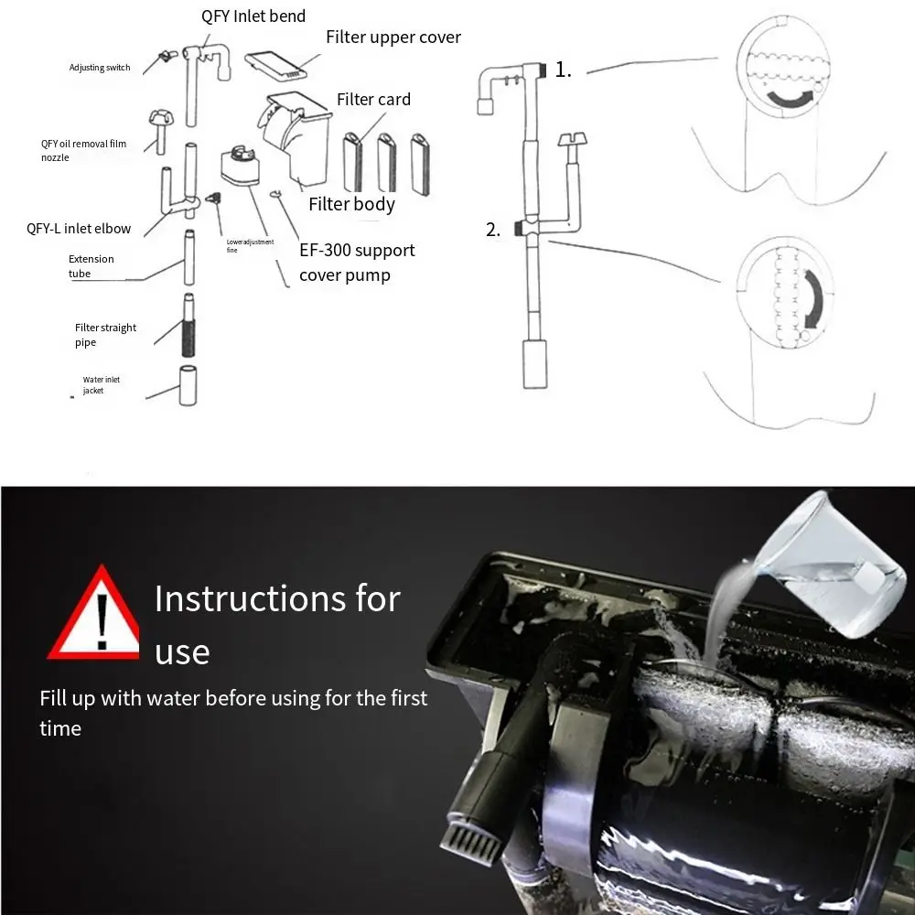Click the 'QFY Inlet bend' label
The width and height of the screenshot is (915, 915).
(253, 16)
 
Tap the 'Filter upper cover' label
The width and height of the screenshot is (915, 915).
(393, 38)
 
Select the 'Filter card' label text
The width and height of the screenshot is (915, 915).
(373, 99)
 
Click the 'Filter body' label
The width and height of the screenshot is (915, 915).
(351, 204)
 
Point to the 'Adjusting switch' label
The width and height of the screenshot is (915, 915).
(100, 68)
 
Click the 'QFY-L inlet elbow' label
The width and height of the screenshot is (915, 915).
(79, 229)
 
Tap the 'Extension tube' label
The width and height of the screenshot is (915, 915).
(91, 266)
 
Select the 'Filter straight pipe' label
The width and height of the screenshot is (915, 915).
(105, 335)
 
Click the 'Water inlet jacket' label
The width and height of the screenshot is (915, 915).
(101, 385)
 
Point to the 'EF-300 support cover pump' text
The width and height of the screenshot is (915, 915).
(357, 263)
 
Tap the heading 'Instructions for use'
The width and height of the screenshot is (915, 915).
(276, 624)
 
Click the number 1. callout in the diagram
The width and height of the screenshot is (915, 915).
(563, 70)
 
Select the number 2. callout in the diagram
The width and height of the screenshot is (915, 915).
(493, 230)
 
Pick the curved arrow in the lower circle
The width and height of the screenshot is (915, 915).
(813, 296)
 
